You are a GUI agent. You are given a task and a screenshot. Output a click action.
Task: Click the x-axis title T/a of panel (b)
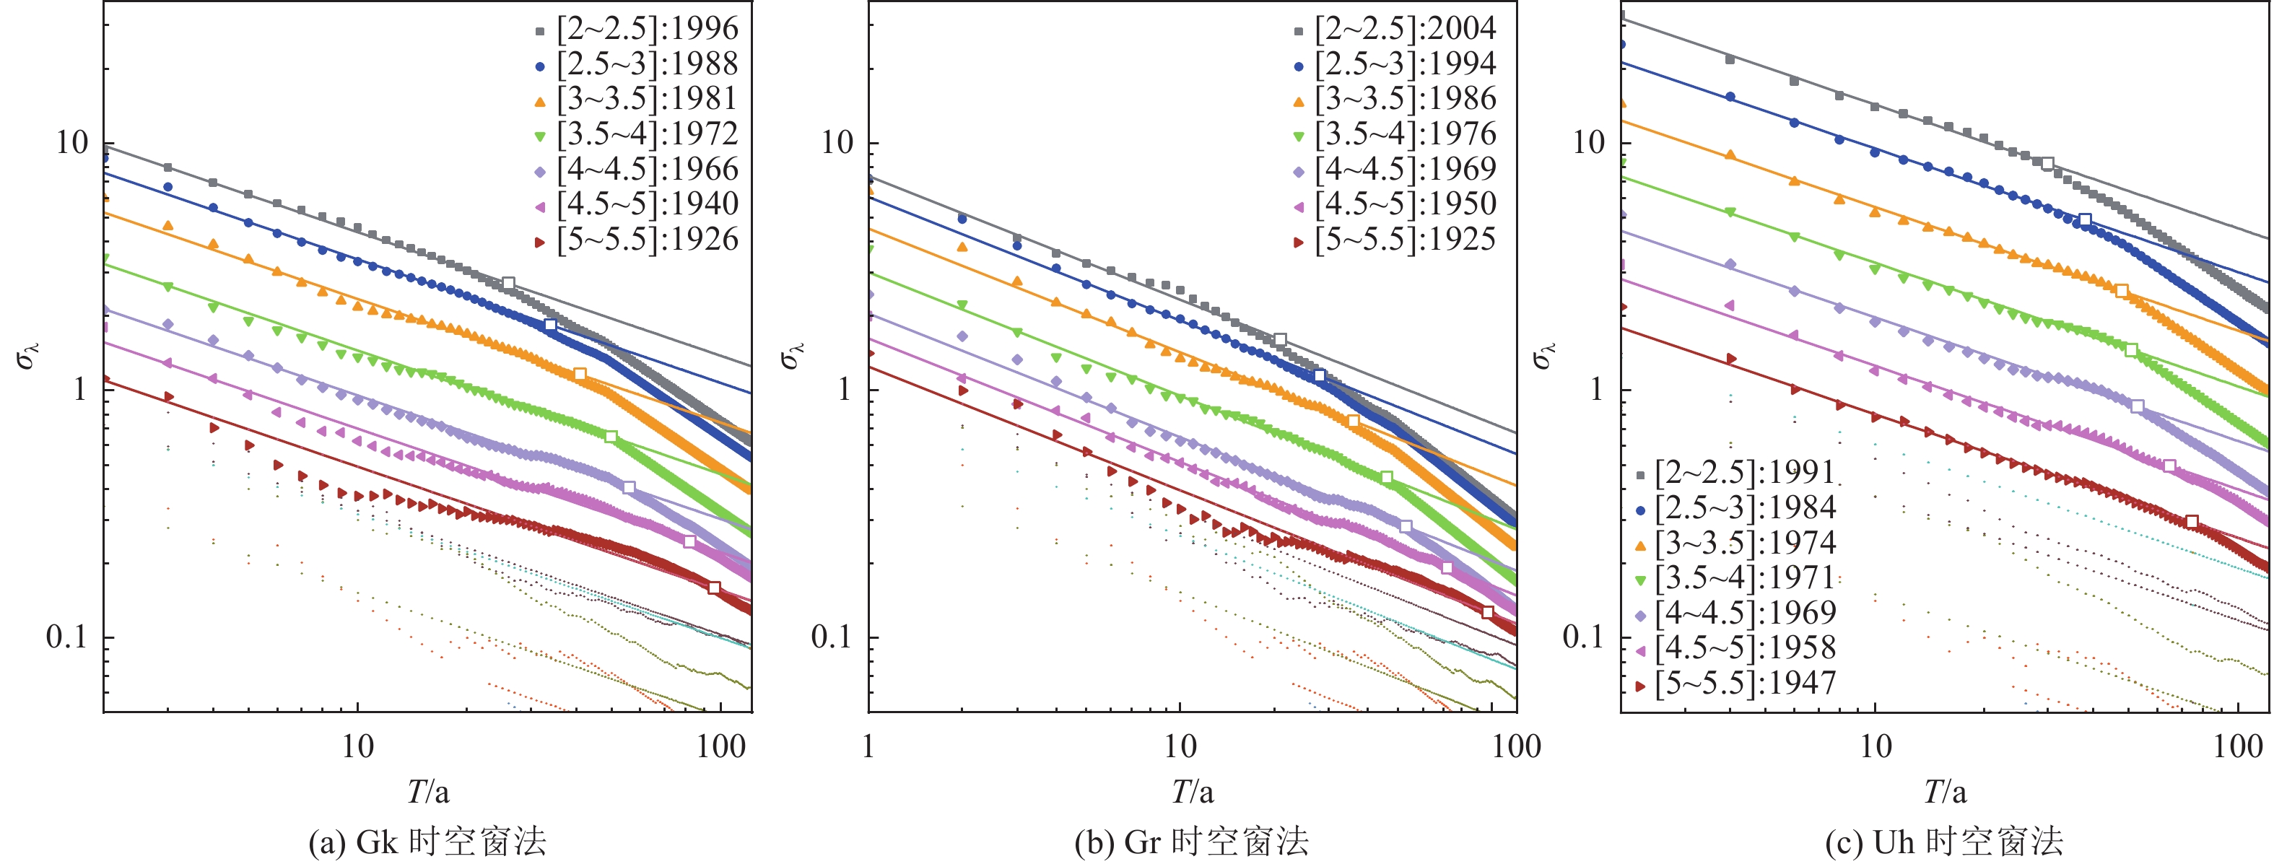click(1192, 792)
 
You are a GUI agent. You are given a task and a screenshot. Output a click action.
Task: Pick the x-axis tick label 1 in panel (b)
click(868, 746)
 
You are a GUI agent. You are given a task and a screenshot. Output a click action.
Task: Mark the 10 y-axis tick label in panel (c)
click(1589, 142)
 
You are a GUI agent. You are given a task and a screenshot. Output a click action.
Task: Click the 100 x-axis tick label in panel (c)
click(2238, 746)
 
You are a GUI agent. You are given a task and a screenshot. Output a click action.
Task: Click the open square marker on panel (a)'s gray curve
click(508, 284)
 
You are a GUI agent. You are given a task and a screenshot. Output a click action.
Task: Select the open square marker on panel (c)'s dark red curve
click(2191, 522)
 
